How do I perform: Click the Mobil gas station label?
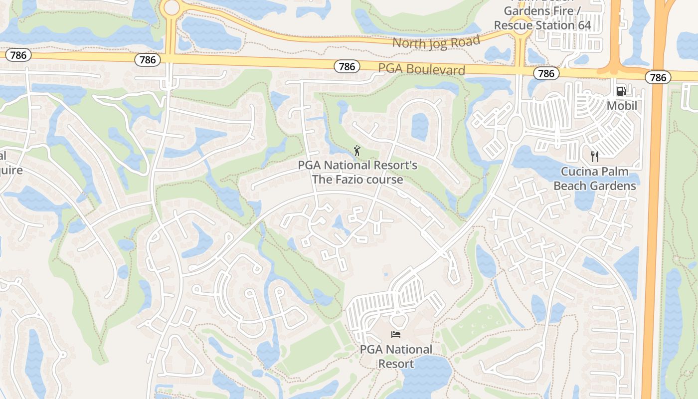(622, 106)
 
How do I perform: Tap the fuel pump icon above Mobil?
(622, 91)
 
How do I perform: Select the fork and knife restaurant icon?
(594, 157)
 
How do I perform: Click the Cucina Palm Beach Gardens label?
(594, 179)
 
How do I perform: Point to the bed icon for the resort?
(396, 335)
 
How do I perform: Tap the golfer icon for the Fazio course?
(357, 150)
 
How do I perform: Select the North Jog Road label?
(436, 42)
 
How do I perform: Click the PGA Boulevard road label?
(421, 69)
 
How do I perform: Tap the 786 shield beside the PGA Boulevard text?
(347, 66)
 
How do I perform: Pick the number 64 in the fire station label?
(581, 25)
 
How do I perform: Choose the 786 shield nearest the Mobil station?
(658, 77)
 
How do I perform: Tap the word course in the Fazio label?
(384, 180)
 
